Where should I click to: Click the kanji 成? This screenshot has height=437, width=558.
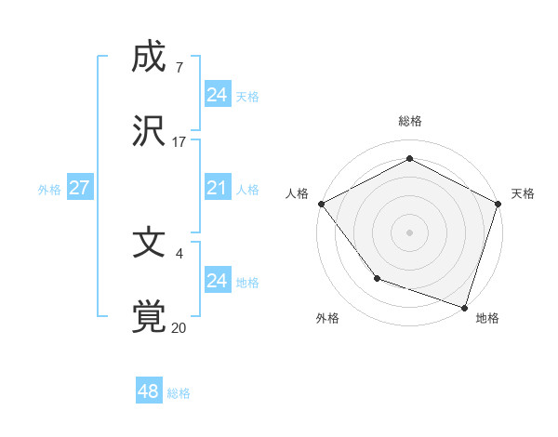pyautogui.click(x=149, y=58)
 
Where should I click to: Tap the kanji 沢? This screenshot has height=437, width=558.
pyautogui.click(x=149, y=132)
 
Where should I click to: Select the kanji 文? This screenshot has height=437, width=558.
pyautogui.click(x=149, y=243)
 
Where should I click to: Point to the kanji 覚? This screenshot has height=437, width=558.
pyautogui.click(x=149, y=316)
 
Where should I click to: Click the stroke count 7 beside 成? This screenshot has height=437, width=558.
pyautogui.click(x=179, y=68)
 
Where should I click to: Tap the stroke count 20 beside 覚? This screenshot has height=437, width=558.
pyautogui.click(x=179, y=327)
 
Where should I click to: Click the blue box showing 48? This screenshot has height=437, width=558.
pyautogui.click(x=148, y=391)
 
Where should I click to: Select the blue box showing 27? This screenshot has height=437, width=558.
pyautogui.click(x=79, y=188)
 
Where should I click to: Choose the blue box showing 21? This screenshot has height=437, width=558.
pyautogui.click(x=217, y=188)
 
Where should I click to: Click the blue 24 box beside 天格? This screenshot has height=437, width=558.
pyautogui.click(x=217, y=95)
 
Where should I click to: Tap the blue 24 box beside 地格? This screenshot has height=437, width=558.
pyautogui.click(x=217, y=281)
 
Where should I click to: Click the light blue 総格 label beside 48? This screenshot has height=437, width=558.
pyautogui.click(x=179, y=393)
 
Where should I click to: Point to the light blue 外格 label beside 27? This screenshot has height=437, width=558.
pyautogui.click(x=49, y=190)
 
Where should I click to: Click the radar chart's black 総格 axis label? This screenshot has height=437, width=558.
pyautogui.click(x=409, y=121)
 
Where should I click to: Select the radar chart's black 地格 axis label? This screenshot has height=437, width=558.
pyautogui.click(x=487, y=318)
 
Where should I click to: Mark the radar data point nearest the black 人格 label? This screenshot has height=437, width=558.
pyautogui.click(x=320, y=203)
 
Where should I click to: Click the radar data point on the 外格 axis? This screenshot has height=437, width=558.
pyautogui.click(x=377, y=277)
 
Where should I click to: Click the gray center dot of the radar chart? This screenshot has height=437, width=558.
pyautogui.click(x=409, y=232)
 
